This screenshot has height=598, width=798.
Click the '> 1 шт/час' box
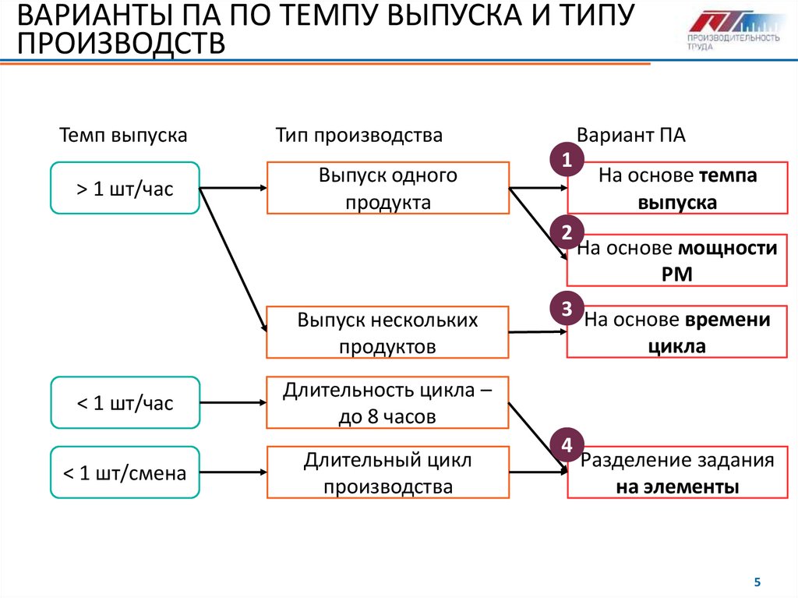[x=125, y=188]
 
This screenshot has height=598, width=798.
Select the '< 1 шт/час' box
[x=125, y=402]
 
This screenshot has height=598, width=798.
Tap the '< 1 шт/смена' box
[x=125, y=472]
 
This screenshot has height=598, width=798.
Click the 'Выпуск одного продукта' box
[x=388, y=188]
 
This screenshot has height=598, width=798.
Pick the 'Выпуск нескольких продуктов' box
[x=388, y=332]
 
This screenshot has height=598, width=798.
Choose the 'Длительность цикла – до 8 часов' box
[x=388, y=402]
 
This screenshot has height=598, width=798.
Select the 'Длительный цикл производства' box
[x=388, y=472]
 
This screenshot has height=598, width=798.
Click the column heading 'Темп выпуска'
[x=123, y=135]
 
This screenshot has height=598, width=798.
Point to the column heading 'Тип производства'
[x=358, y=135]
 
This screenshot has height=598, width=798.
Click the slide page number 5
[x=756, y=582]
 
